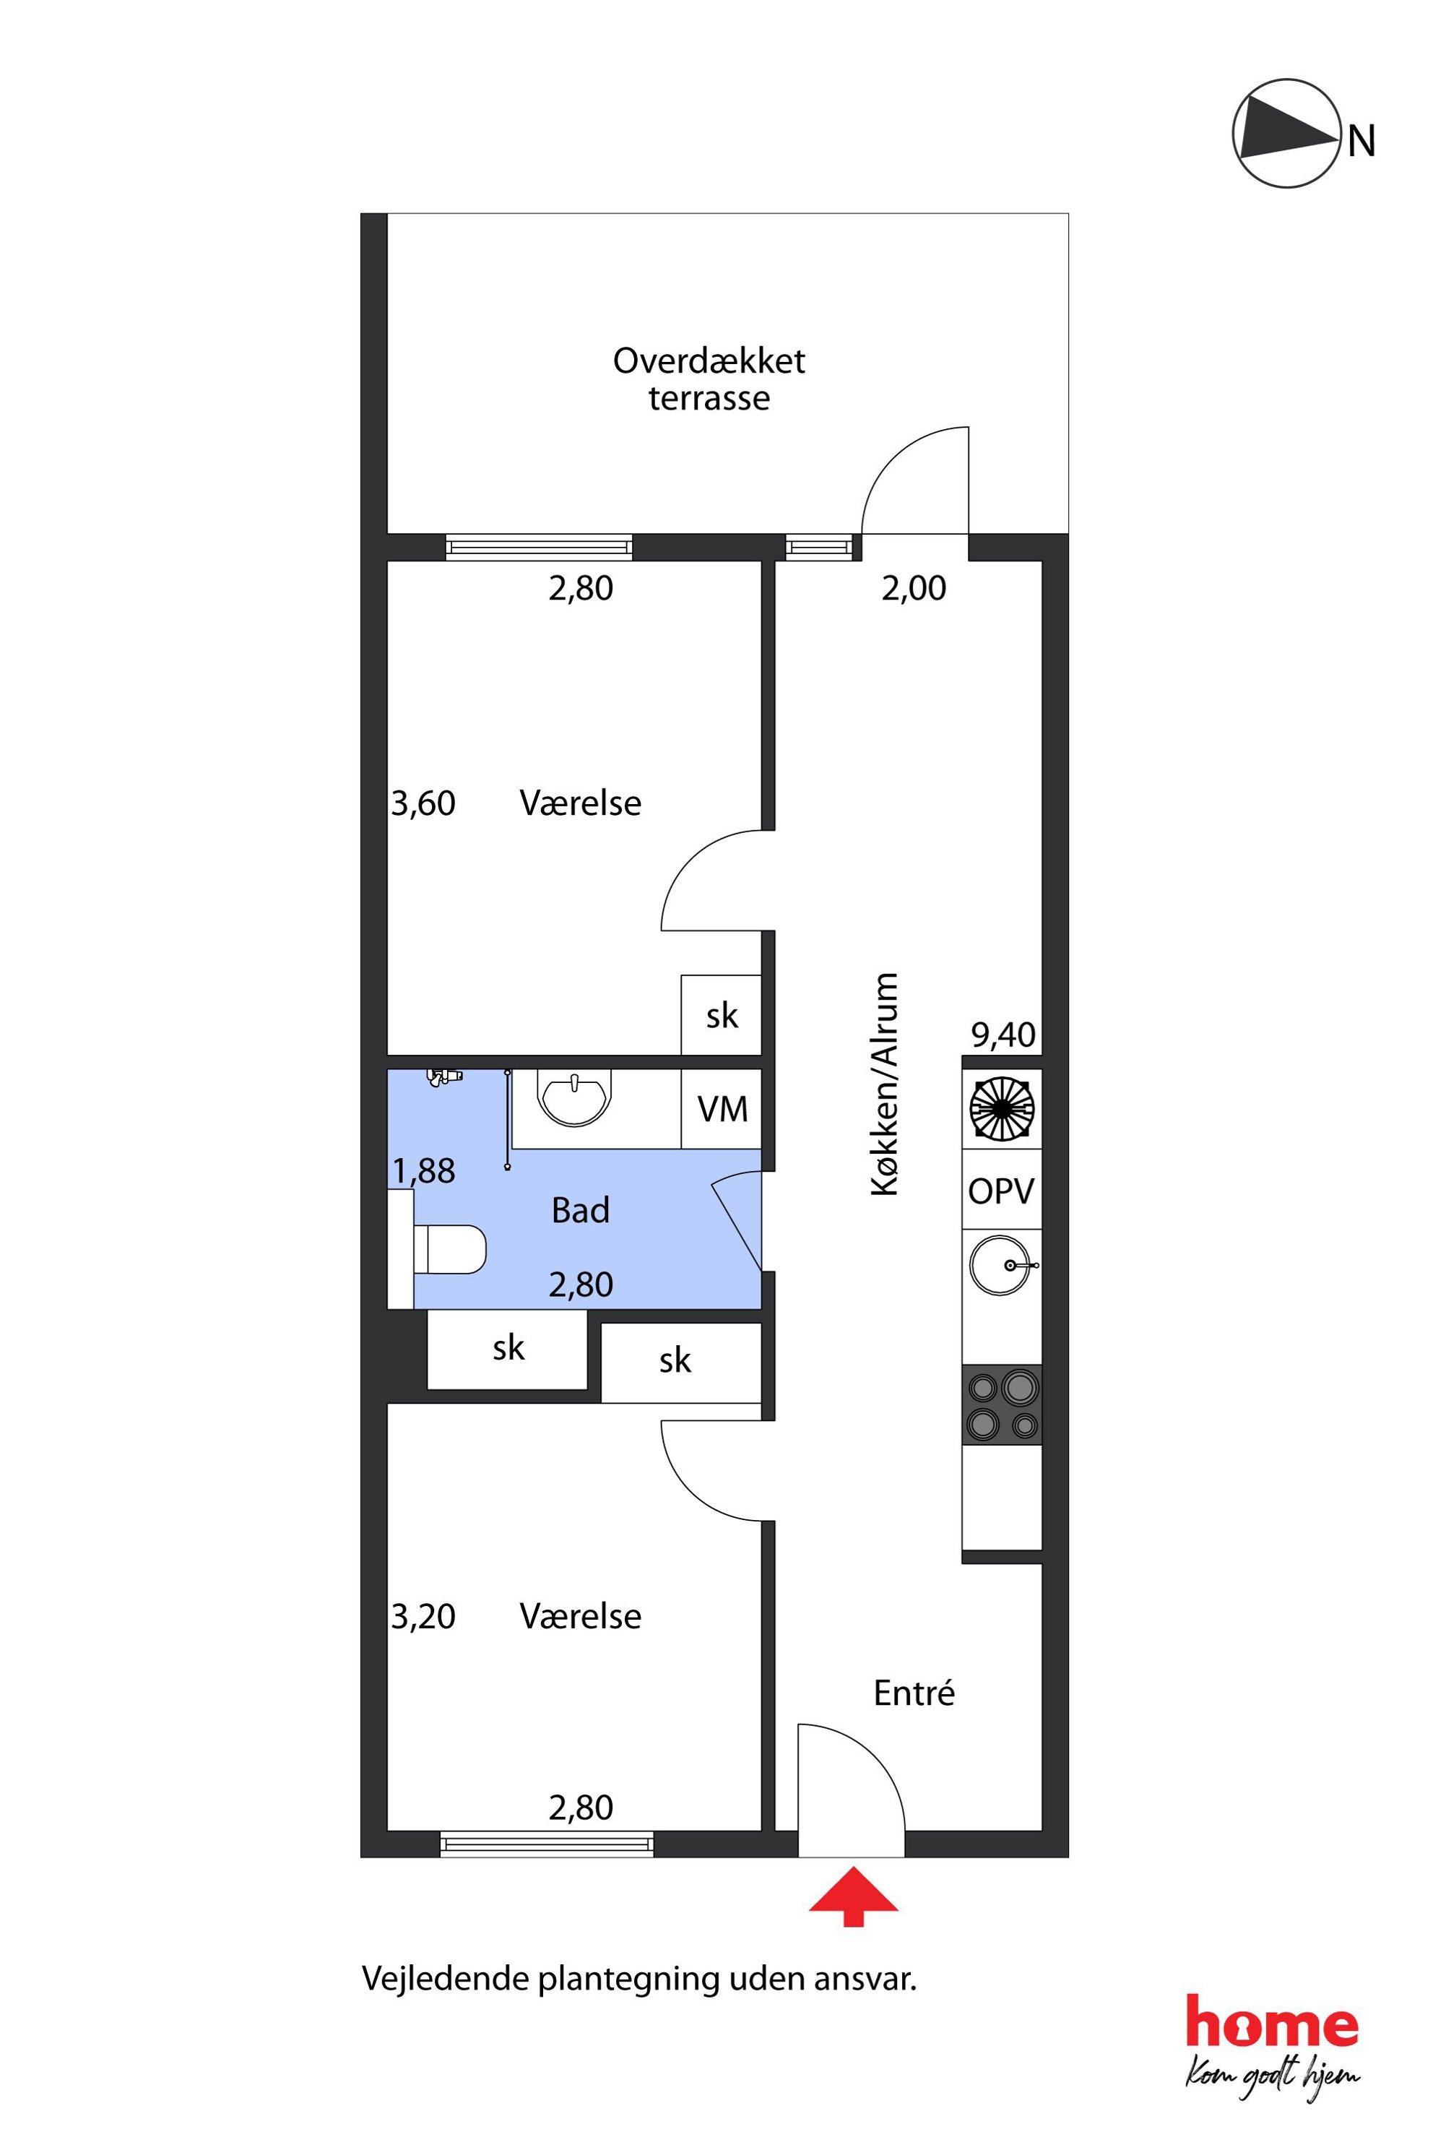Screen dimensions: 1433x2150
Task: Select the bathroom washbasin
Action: [574, 1100]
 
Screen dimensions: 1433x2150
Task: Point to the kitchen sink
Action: [1002, 1266]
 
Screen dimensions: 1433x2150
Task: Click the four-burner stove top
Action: [1003, 1405]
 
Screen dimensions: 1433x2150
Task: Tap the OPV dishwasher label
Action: [1002, 1191]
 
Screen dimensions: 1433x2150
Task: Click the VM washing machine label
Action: [722, 1110]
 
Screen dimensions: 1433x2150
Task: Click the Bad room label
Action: [580, 1210]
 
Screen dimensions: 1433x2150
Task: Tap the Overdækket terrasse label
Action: [709, 379]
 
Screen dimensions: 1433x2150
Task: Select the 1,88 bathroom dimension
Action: [424, 1171]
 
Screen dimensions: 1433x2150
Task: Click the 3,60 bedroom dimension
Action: [423, 803]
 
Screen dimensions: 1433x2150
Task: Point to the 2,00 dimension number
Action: [914, 588]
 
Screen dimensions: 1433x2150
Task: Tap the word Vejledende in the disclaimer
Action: [445, 1978]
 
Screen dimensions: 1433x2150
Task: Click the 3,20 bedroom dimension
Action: [423, 1617]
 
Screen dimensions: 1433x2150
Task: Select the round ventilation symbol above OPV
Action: [1002, 1109]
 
